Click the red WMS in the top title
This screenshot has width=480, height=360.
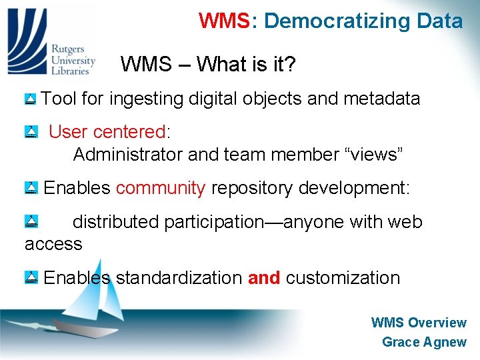[223, 21]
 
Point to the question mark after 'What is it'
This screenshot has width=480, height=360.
[291, 65]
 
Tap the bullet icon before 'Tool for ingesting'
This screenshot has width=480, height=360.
[30, 100]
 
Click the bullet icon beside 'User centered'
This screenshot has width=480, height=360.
[30, 132]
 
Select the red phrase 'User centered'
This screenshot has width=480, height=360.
[107, 132]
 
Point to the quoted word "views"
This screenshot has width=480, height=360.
[371, 155]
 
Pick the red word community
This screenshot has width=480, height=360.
[160, 188]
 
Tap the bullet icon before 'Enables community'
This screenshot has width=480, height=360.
[30, 189]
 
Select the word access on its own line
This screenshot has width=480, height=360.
[53, 244]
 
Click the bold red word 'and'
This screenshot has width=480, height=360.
[264, 277]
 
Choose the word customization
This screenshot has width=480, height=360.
[343, 277]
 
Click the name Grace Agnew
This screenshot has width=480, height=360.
[424, 342]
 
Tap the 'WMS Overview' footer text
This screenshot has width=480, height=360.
[419, 323]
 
